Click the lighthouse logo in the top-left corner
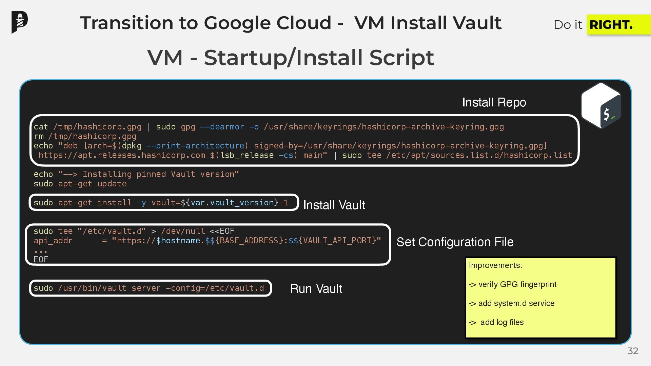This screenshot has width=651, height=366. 19,22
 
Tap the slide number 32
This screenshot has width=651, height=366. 633,351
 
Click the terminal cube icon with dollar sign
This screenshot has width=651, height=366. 601,105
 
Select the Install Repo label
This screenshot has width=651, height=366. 494,102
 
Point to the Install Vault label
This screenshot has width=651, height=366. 334,205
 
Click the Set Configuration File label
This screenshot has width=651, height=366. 455,242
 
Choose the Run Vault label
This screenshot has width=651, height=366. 316,289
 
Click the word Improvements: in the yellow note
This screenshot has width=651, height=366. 495,265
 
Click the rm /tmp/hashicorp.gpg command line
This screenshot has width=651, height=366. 85,136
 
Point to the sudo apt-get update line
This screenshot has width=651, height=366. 80,184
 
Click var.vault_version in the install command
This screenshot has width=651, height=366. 232,203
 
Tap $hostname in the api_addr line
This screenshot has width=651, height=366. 178,241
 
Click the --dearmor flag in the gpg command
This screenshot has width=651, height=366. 222,127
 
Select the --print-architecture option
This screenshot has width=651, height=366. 195,146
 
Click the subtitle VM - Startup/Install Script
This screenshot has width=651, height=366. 290,57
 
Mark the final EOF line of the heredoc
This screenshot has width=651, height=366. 41,260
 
